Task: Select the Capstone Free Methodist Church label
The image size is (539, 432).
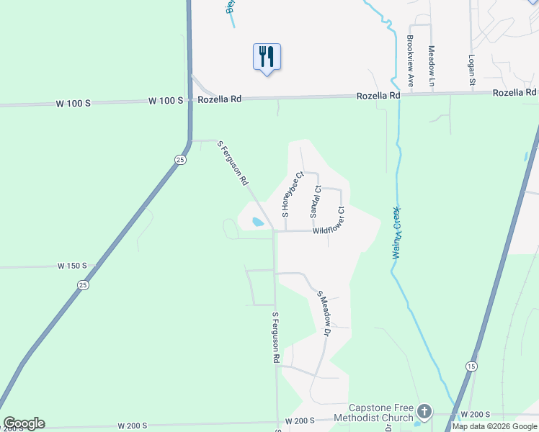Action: [x=381, y=412]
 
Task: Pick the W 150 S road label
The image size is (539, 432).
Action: [x=72, y=266]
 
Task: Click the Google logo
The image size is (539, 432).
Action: [x=24, y=423]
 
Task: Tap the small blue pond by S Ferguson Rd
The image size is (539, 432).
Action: [x=257, y=222]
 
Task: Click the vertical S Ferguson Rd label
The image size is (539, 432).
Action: [x=275, y=337]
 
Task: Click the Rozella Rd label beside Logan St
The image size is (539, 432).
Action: [x=514, y=93]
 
